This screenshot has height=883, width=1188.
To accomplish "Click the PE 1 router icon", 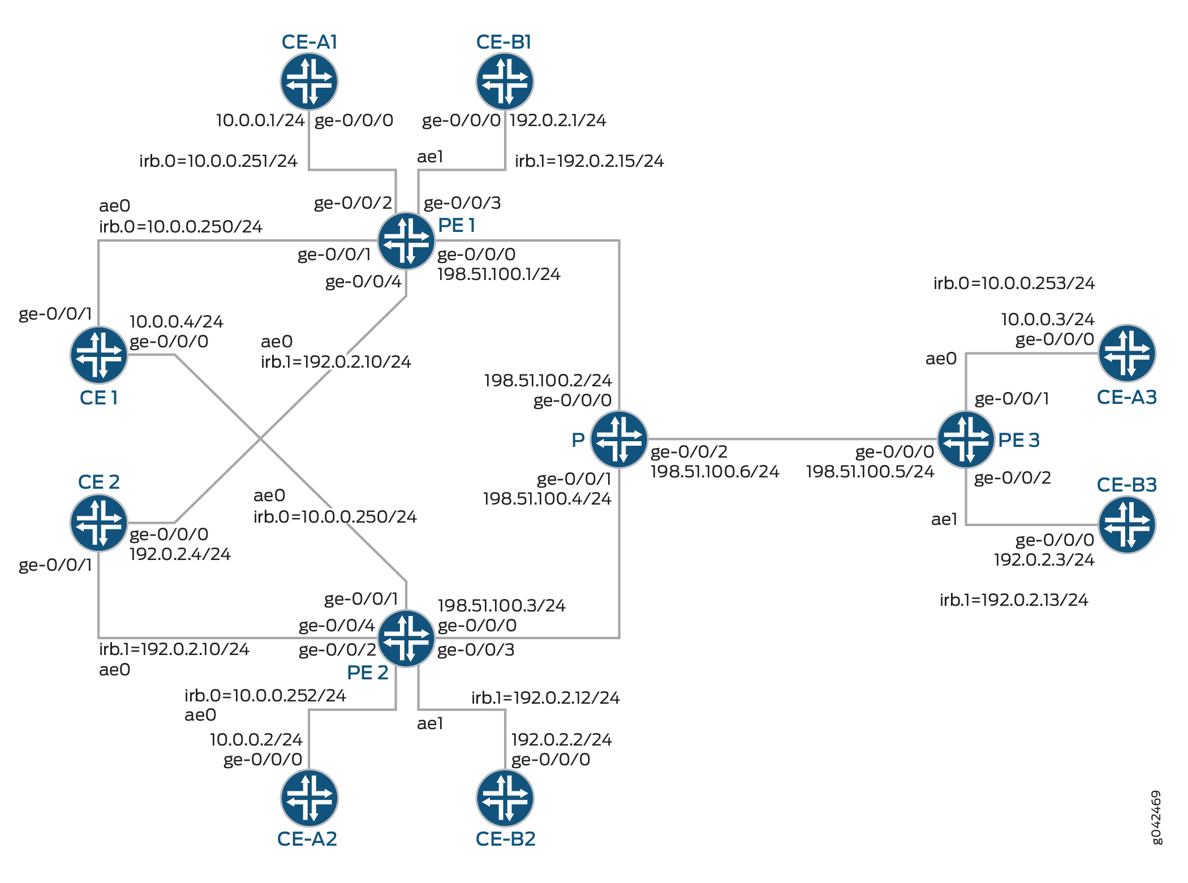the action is [x=406, y=241].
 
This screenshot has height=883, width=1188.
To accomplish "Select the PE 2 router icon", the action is [x=406, y=638].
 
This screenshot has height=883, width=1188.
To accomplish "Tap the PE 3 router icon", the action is [x=966, y=439].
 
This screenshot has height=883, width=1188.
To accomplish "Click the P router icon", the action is [x=619, y=439].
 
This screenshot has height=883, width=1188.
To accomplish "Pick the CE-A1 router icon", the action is [x=309, y=81].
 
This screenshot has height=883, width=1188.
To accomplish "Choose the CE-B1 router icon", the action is [x=505, y=81].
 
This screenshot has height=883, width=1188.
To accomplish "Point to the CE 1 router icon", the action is [x=99, y=355].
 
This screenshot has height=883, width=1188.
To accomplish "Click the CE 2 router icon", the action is [x=99, y=523].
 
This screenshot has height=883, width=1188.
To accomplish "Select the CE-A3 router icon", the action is [x=1127, y=354].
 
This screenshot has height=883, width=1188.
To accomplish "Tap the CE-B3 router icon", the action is [x=1127, y=524].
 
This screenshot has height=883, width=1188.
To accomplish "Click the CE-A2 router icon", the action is [x=309, y=798].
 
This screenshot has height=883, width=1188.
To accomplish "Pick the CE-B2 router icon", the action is [x=505, y=798].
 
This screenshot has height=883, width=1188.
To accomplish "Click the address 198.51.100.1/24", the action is [x=498, y=274].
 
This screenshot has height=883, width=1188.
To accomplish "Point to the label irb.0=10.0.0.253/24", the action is [x=1014, y=283].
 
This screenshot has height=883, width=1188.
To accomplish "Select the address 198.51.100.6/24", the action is [x=715, y=471].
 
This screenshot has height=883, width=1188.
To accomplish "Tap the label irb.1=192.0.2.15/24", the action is [x=589, y=161].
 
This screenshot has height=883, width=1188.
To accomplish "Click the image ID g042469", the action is [x=1157, y=817].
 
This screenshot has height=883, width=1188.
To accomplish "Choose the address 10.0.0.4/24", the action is [x=177, y=321].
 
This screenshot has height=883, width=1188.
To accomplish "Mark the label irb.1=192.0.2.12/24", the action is [x=545, y=697].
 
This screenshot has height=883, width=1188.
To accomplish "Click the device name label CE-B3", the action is [x=1126, y=485].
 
